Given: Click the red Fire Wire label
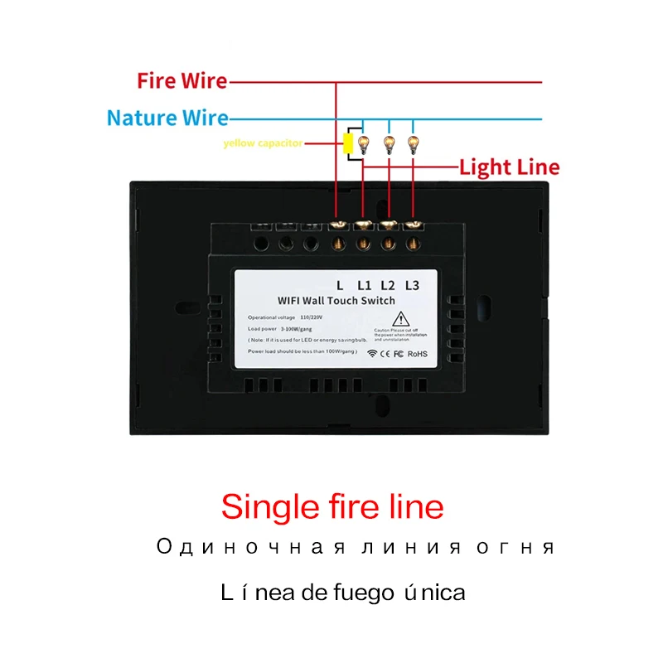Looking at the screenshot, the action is pyautogui.click(x=182, y=81).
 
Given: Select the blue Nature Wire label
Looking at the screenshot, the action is pyautogui.click(x=167, y=119).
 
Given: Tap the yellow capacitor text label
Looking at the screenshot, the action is pyautogui.click(x=262, y=143).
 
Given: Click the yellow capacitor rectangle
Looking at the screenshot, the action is pyautogui.click(x=349, y=143).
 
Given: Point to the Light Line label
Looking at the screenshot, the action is pyautogui.click(x=509, y=168).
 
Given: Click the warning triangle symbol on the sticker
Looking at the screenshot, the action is pyautogui.click(x=399, y=318).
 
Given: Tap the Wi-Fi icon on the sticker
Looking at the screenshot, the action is pyautogui.click(x=372, y=353).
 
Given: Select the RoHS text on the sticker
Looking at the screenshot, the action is pyautogui.click(x=416, y=353).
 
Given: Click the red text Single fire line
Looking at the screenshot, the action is pyautogui.click(x=332, y=506).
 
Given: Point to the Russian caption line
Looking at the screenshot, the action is pyautogui.click(x=355, y=548).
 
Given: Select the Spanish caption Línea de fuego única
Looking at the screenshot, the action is pyautogui.click(x=343, y=593).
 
